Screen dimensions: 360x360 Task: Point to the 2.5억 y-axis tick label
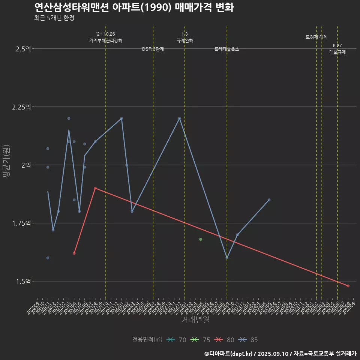tap(23, 49)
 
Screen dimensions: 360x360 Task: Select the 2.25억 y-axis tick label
tap(21, 107)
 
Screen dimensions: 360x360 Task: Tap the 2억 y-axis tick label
tap(26, 165)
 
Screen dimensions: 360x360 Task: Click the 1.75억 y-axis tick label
tap(21, 223)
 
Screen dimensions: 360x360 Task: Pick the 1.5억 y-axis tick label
tap(23, 281)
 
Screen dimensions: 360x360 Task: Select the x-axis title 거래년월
tap(195, 320)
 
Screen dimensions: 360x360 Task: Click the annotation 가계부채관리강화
tap(106, 40)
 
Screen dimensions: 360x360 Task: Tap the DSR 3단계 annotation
tap(153, 49)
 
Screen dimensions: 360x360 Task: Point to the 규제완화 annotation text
tap(184, 40)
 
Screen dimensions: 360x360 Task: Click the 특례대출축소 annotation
tap(227, 49)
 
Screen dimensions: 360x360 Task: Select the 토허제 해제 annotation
tap(316, 37)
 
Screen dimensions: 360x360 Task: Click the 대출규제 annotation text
tap(337, 52)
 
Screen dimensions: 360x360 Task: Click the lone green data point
tap(201, 239)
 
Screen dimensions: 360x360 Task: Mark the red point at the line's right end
tap(348, 286)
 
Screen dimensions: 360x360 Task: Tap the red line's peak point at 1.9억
tap(95, 188)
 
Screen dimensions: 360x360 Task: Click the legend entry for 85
tap(248, 340)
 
